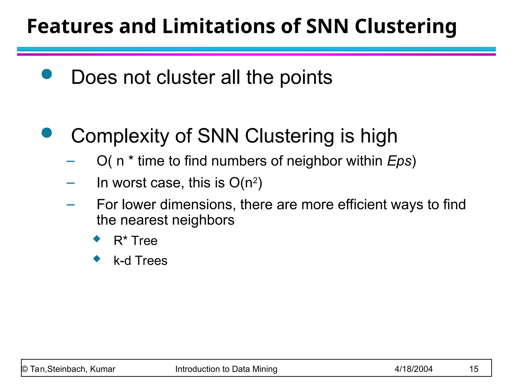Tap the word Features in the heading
(x=70, y=26)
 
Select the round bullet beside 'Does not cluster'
(x=47, y=74)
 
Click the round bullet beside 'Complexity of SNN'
(x=47, y=133)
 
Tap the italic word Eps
(x=399, y=161)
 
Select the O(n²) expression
(x=245, y=183)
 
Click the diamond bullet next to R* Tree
(x=97, y=239)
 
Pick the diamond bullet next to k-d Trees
(x=97, y=258)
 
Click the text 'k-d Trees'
(x=140, y=261)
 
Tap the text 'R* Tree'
(x=136, y=241)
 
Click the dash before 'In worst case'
(x=71, y=183)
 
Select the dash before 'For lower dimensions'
(x=71, y=205)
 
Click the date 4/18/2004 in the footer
(x=413, y=369)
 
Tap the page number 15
(x=474, y=369)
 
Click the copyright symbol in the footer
(x=25, y=369)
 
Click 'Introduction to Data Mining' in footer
(x=226, y=369)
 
